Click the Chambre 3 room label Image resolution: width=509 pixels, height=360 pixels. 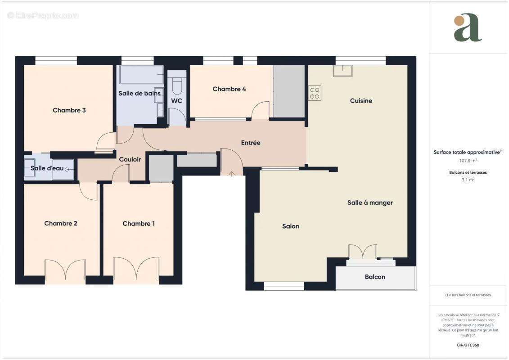click(x=69, y=110)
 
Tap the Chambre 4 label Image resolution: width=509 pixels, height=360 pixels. click(x=229, y=89)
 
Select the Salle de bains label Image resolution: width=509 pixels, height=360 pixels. click(x=139, y=94)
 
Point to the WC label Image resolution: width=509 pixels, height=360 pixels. click(x=176, y=101)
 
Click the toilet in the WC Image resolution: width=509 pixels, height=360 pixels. click(x=176, y=84)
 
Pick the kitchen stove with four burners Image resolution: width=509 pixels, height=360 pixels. click(x=315, y=93)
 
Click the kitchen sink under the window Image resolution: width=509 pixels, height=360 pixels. click(x=342, y=71)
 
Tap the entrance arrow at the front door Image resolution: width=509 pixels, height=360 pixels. click(x=232, y=174)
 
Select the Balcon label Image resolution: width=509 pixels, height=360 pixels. click(x=375, y=277)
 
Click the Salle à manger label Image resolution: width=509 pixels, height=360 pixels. click(x=370, y=203)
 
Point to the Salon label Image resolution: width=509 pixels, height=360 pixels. click(x=290, y=226)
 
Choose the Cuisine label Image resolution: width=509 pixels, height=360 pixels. click(x=361, y=101)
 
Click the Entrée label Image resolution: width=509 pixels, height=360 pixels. click(x=251, y=143)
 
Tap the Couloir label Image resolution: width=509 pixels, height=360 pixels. click(x=130, y=159)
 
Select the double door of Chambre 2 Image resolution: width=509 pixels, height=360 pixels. click(x=65, y=270)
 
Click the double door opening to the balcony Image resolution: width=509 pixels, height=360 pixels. click(x=363, y=252)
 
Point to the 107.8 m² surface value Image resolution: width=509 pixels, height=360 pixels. click(x=468, y=160)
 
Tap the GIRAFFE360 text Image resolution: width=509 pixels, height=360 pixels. click(x=468, y=345)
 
